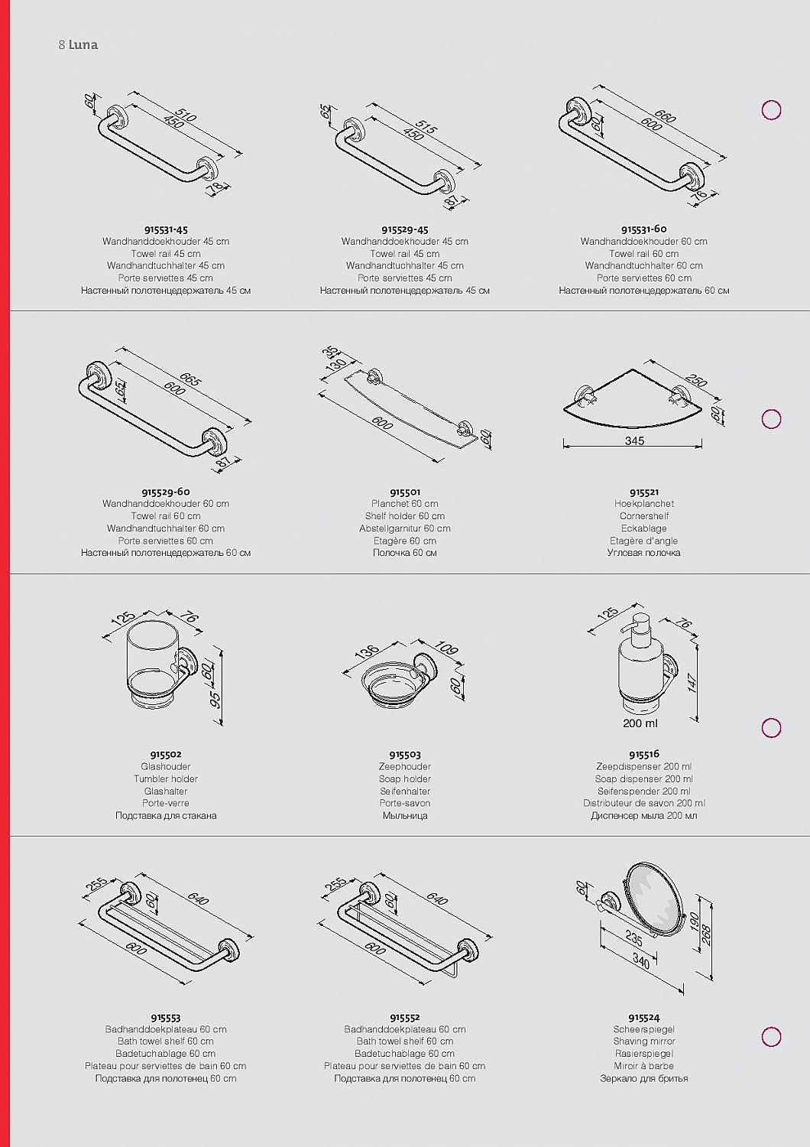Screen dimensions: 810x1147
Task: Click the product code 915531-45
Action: click(x=166, y=229)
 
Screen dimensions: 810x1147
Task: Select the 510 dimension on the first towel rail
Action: click(x=185, y=115)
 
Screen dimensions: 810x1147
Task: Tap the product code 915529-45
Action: click(x=405, y=229)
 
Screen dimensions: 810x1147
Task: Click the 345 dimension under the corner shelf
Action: click(x=634, y=440)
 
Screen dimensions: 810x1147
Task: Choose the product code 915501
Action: click(x=405, y=492)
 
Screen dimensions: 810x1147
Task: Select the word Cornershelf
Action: click(x=643, y=515)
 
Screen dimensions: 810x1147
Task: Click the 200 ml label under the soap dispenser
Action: click(x=640, y=723)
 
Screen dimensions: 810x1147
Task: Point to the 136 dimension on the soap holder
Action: click(x=366, y=651)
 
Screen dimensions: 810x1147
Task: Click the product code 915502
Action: click(x=166, y=754)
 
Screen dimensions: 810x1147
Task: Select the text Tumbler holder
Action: click(x=166, y=778)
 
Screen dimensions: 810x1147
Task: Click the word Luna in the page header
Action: click(x=83, y=44)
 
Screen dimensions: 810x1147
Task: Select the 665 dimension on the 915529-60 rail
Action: click(x=190, y=379)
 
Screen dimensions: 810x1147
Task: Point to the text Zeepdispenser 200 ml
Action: click(x=643, y=766)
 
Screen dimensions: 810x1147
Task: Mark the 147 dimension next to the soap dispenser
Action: click(x=692, y=683)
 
